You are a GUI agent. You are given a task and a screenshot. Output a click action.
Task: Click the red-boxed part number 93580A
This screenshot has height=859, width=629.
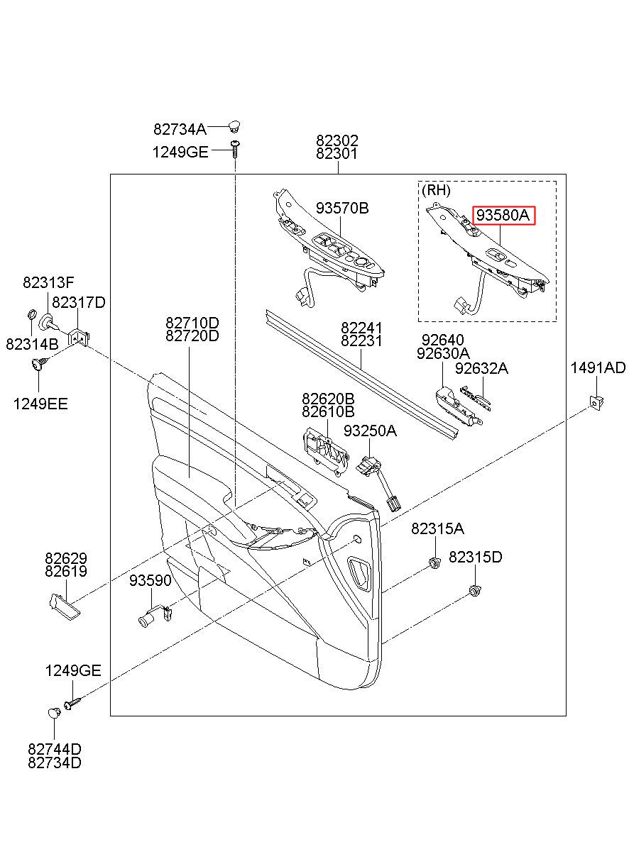[x=503, y=216]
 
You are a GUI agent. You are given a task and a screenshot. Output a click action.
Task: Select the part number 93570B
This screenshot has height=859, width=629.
[x=342, y=209]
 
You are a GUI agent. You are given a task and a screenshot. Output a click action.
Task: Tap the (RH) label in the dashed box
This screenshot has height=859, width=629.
[x=436, y=190]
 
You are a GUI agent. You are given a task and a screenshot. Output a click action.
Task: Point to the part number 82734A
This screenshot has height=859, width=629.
[x=180, y=129]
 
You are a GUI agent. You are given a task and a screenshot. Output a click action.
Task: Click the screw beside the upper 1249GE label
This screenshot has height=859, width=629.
[x=235, y=149]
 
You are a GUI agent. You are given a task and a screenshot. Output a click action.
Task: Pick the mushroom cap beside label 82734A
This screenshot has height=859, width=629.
[x=234, y=126]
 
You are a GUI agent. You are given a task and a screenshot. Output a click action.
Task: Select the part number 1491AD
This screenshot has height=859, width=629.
[x=598, y=367]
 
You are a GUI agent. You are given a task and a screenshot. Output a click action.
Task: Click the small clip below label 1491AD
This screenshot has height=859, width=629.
[x=596, y=402]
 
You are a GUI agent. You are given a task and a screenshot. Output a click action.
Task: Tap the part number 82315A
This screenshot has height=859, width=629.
[x=437, y=529]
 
